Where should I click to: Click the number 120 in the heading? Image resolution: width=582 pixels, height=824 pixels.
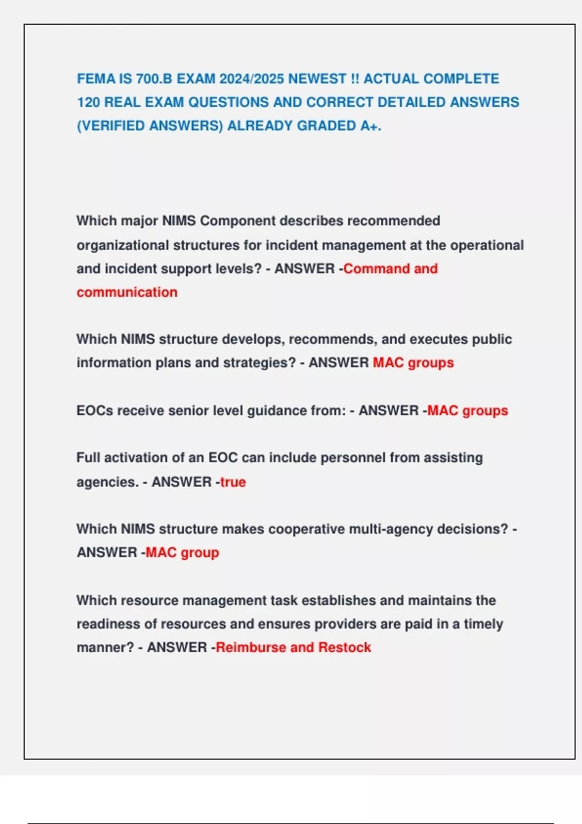pos(88,102)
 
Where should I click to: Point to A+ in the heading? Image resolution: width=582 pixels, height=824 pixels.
pos(369,126)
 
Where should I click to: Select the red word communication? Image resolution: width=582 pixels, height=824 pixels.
pos(127,292)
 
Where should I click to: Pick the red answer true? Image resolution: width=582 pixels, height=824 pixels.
pos(233,482)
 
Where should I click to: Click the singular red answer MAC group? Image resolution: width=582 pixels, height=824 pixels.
pos(182,553)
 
